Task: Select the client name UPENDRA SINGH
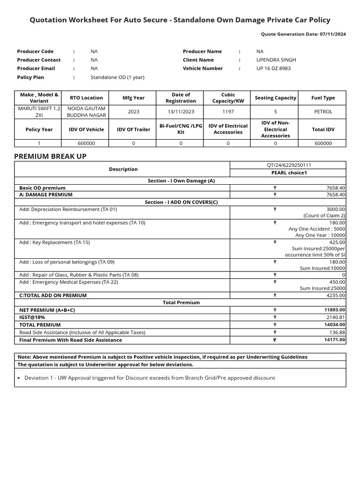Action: pyautogui.click(x=276, y=60)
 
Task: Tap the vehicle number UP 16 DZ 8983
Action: pyautogui.click(x=273, y=68)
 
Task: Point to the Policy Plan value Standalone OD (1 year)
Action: pyautogui.click(x=117, y=77)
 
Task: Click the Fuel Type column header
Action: pyautogui.click(x=323, y=98)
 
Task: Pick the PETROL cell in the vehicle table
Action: pyautogui.click(x=323, y=112)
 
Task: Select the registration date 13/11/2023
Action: pyautogui.click(x=181, y=112)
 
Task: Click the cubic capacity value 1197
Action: pyautogui.click(x=228, y=112)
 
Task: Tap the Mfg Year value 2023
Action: pyautogui.click(x=134, y=112)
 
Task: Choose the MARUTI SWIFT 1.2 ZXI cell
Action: pyautogui.click(x=39, y=112)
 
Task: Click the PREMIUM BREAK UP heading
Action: pyautogui.click(x=50, y=156)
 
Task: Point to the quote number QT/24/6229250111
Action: pyautogui.click(x=288, y=165)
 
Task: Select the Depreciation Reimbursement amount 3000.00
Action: pyautogui.click(x=336, y=210)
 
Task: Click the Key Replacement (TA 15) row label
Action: pyautogui.click(x=54, y=243)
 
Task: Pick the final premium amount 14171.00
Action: pyautogui.click(x=335, y=340)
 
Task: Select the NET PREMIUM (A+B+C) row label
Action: pyautogui.click(x=47, y=310)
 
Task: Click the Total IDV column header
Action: pyautogui.click(x=323, y=129)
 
